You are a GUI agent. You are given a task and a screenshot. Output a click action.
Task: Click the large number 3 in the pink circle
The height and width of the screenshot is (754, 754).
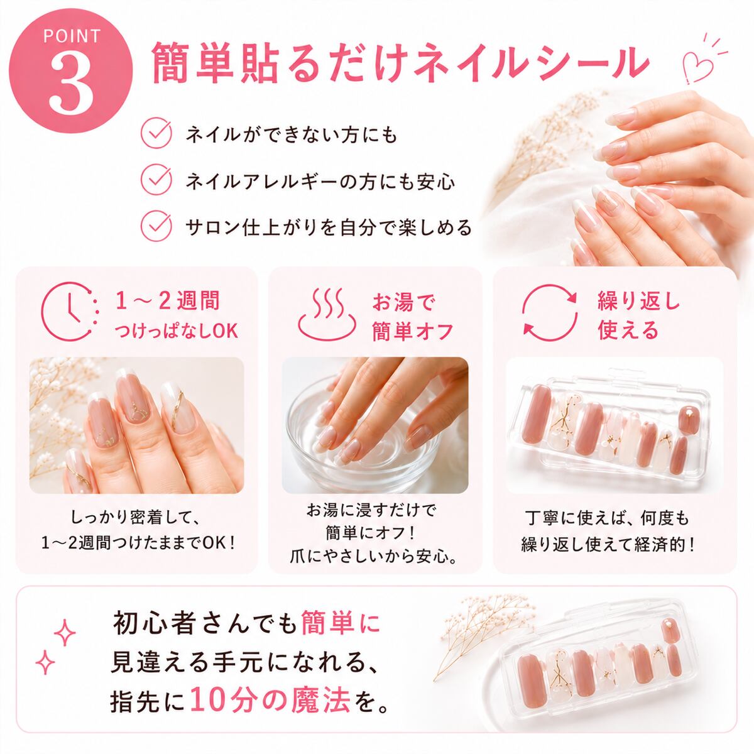[x=71, y=84]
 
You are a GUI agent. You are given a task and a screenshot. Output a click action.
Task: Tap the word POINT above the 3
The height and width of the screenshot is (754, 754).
[x=72, y=36]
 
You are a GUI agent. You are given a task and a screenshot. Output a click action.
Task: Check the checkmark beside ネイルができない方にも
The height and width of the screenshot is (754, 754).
[x=156, y=133]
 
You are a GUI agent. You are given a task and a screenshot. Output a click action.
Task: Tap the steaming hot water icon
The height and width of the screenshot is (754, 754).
[x=327, y=315]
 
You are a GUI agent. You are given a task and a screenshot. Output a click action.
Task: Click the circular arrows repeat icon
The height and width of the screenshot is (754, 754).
[x=550, y=312]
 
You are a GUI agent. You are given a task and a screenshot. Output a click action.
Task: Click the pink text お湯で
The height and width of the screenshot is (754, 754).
[x=403, y=302]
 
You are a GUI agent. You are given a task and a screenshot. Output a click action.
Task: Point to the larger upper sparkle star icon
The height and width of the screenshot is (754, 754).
[x=65, y=633]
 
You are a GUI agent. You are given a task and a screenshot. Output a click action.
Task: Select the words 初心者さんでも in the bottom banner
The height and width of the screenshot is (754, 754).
[x=205, y=624]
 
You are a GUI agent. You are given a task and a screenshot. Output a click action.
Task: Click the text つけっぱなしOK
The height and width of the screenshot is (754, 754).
[x=177, y=331]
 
